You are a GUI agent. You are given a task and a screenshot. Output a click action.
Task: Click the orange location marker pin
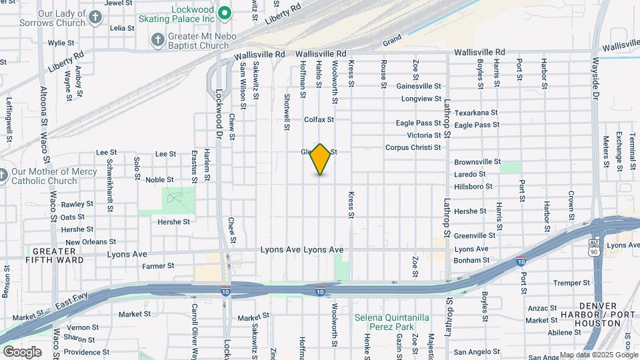click(x=321, y=159)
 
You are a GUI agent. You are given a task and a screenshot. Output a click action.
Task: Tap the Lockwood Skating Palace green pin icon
click(x=225, y=11)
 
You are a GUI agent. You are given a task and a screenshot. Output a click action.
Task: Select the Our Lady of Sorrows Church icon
click(x=96, y=17)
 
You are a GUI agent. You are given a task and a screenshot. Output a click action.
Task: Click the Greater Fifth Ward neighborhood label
click(x=55, y=255)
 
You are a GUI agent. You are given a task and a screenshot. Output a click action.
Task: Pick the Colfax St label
click(x=318, y=120)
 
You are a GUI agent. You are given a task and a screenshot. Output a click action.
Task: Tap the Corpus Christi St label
click(x=413, y=148)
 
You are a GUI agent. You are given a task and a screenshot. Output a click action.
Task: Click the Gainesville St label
click(x=419, y=87)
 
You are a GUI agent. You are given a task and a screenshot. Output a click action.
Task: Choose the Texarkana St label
click(x=476, y=113)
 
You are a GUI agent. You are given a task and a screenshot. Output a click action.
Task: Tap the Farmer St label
click(x=158, y=265)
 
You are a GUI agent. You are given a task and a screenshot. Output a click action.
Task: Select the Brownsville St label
click(x=477, y=162)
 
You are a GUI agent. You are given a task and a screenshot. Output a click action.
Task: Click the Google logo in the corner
click(x=22, y=351)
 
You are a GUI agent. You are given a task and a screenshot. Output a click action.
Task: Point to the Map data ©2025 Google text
click(x=597, y=355)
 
